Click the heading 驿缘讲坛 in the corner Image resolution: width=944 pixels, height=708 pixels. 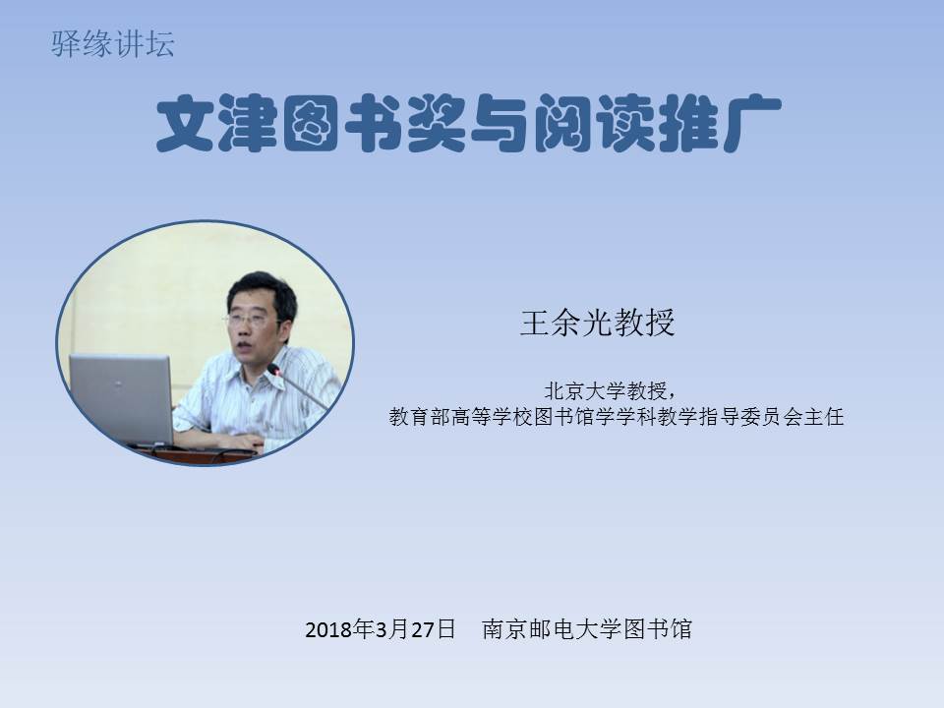tap(112, 44)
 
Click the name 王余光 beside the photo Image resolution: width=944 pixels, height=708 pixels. tap(565, 323)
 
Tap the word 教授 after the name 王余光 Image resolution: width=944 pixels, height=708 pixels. tap(643, 323)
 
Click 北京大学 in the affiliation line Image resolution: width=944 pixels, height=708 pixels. tap(584, 390)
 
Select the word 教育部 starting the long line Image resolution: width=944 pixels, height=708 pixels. tap(420, 416)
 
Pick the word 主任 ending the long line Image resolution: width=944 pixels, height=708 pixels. tap(824, 416)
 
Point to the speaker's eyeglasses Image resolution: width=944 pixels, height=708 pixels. tap(248, 320)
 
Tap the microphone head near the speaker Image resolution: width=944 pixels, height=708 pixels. tap(274, 370)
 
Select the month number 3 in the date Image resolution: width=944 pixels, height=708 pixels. tap(381, 629)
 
